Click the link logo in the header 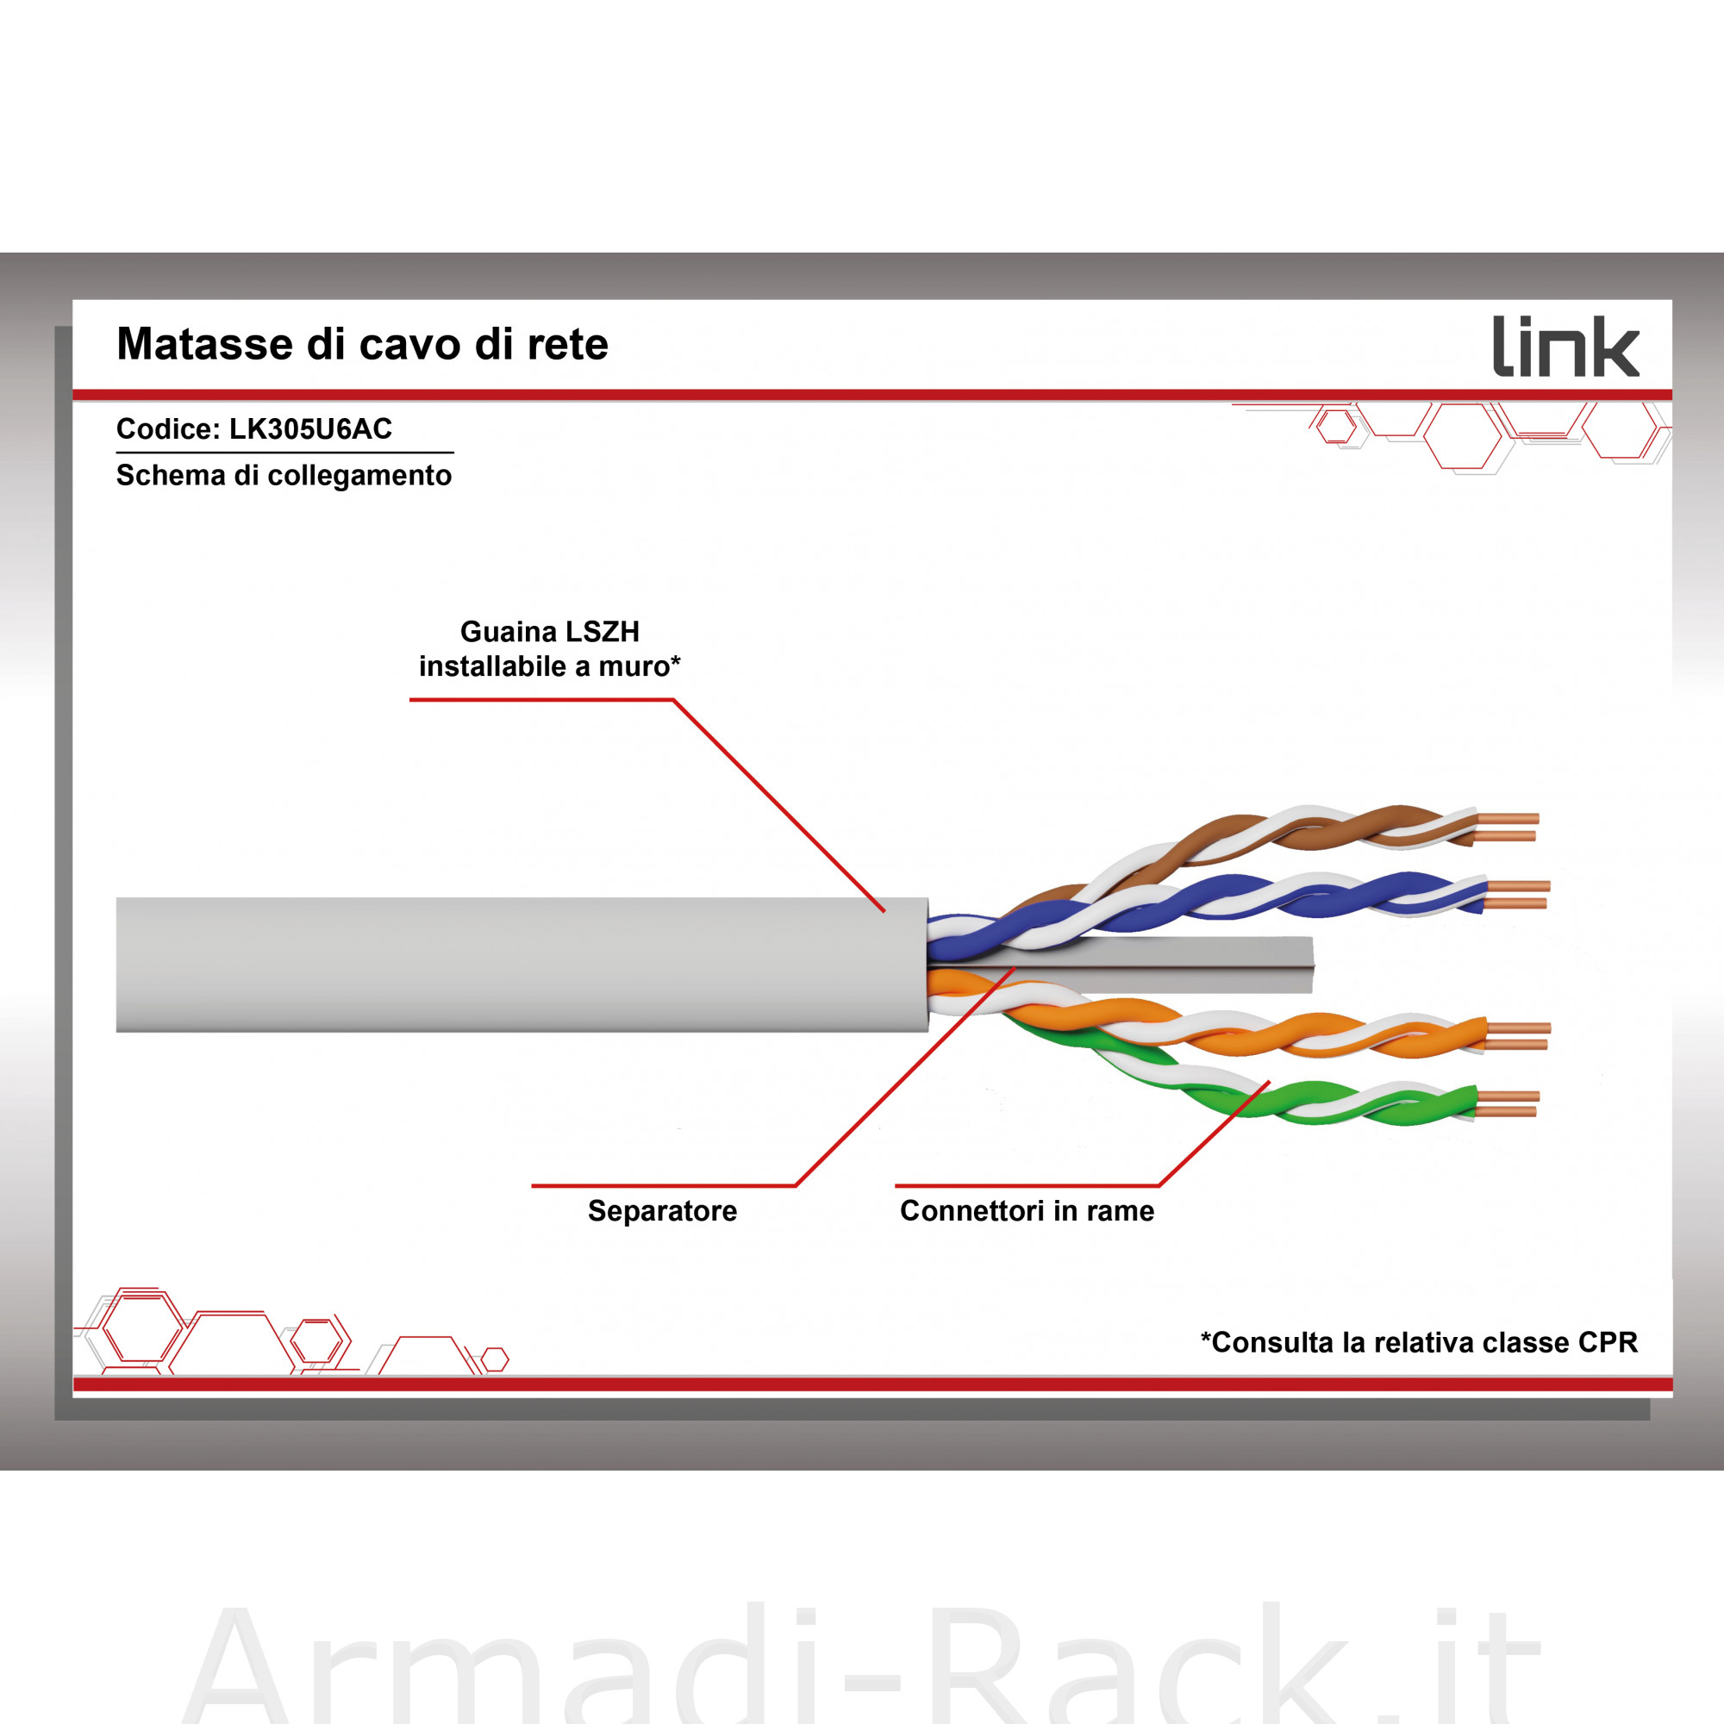[x=1566, y=347]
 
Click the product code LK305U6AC [x=310, y=429]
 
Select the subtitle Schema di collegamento [x=284, y=476]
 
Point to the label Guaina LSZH [x=550, y=632]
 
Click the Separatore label [x=662, y=1211]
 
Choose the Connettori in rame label [x=1028, y=1211]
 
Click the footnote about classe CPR [x=1419, y=1343]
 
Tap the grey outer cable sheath [x=522, y=965]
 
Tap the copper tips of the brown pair [x=1507, y=828]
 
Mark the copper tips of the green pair [x=1507, y=1104]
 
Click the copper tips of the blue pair [x=1518, y=895]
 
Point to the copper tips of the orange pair [x=1518, y=1036]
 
